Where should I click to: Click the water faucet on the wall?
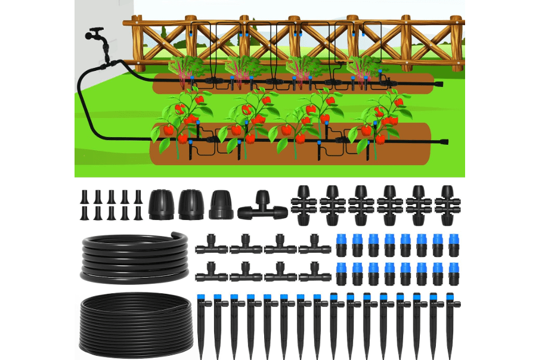coord(97,36)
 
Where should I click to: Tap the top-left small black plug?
coord(83,197)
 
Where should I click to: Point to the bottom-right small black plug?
coord(138,213)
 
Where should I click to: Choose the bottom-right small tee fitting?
coord(315,274)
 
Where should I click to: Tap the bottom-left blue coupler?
coord(342,273)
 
